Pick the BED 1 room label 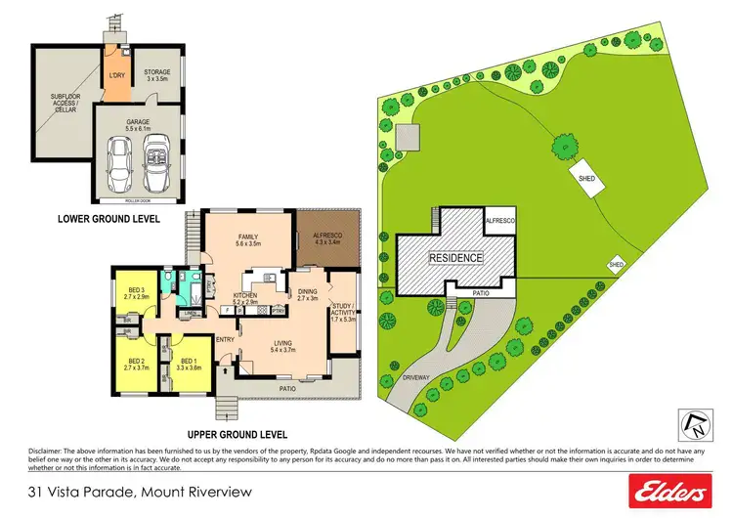point(190,365)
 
